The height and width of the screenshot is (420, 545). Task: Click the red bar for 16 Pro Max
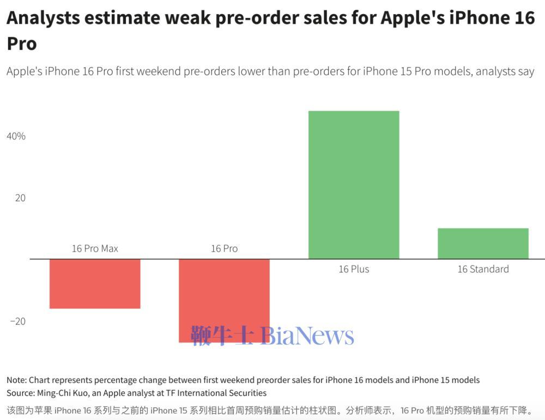click(95, 284)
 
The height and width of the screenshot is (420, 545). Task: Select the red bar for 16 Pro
click(224, 294)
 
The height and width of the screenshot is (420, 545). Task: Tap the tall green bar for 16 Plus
click(354, 185)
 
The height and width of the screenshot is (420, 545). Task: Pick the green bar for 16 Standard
click(483, 244)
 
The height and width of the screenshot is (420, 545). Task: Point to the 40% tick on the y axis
click(16, 136)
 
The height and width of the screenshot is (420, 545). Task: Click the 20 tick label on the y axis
click(20, 198)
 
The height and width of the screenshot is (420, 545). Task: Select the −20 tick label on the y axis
click(18, 321)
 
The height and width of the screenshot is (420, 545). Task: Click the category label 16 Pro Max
click(95, 248)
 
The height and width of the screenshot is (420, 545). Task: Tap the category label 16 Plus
click(354, 269)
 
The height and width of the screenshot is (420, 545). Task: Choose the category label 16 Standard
click(483, 269)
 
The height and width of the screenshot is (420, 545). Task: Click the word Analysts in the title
click(43, 18)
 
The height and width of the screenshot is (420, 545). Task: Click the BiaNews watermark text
click(307, 336)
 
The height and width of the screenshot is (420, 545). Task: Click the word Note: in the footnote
click(16, 380)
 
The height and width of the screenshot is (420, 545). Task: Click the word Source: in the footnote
click(21, 393)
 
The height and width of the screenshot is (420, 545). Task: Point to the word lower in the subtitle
click(251, 71)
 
